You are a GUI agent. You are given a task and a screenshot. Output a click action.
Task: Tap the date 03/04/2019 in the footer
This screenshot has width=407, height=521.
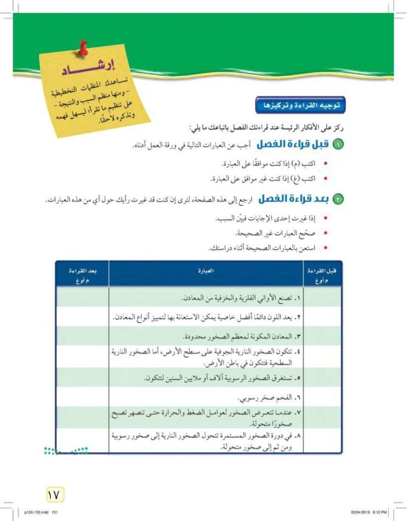click(362, 513)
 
